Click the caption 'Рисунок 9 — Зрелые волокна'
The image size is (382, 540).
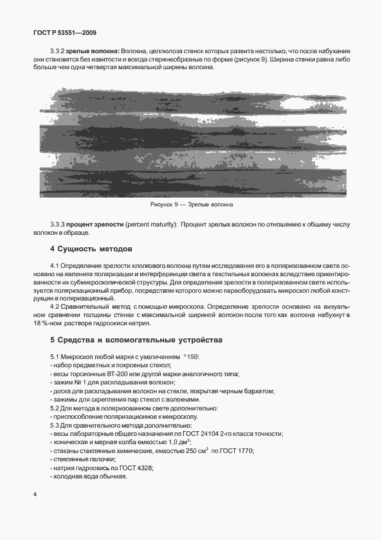click(x=191, y=205)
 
